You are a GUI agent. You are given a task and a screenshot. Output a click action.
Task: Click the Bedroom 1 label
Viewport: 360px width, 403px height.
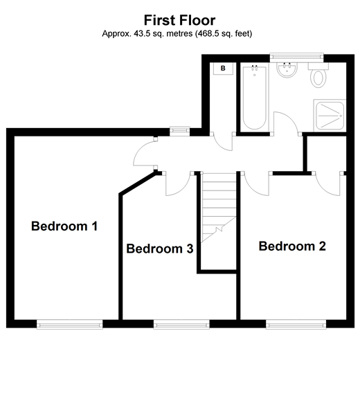[64, 226]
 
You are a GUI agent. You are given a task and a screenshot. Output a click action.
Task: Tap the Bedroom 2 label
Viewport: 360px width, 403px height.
[291, 246]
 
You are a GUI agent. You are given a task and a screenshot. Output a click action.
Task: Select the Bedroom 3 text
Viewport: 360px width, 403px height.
[159, 249]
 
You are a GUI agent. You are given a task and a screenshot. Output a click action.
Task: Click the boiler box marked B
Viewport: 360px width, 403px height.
[223, 69]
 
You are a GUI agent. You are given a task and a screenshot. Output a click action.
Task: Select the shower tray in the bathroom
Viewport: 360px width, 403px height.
[329, 115]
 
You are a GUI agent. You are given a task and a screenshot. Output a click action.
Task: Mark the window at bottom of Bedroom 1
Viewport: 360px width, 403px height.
[69, 324]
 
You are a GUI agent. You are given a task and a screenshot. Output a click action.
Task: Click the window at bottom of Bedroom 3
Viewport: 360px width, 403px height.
[181, 324]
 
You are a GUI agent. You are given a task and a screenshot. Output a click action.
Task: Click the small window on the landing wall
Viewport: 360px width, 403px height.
[181, 131]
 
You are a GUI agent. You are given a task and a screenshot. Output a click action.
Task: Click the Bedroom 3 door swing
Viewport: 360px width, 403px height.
[176, 183]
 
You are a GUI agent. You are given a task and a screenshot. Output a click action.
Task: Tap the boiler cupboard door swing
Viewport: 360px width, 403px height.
[224, 141]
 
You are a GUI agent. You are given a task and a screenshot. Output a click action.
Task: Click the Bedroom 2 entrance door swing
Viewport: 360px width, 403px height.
[255, 183]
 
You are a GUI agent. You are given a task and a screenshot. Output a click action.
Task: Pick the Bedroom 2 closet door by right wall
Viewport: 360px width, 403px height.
[329, 182]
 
